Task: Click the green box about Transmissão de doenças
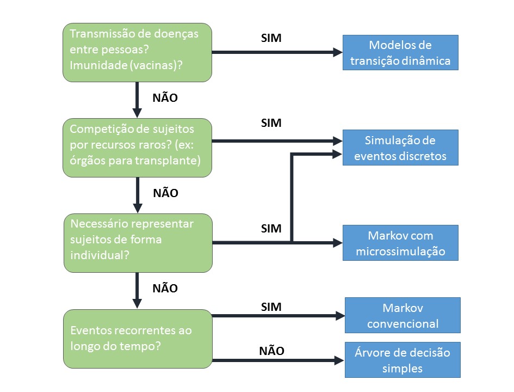[137, 52]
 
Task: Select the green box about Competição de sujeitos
[137, 148]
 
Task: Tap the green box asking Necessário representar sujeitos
[138, 243]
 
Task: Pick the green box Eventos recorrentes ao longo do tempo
[138, 339]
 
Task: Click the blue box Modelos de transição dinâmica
[400, 52]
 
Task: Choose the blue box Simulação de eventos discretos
[400, 148]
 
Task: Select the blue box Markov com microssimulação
[400, 243]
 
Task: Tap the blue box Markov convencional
[402, 315]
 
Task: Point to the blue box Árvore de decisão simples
[402, 360]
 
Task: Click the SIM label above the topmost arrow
[271, 38]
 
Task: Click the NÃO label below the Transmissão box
[165, 97]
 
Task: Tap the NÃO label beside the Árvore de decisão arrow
[271, 351]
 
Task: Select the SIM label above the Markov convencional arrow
[271, 307]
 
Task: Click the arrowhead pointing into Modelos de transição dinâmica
[338, 52]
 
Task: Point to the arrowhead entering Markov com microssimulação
[338, 243]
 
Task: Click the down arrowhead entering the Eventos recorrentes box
[138, 303]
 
